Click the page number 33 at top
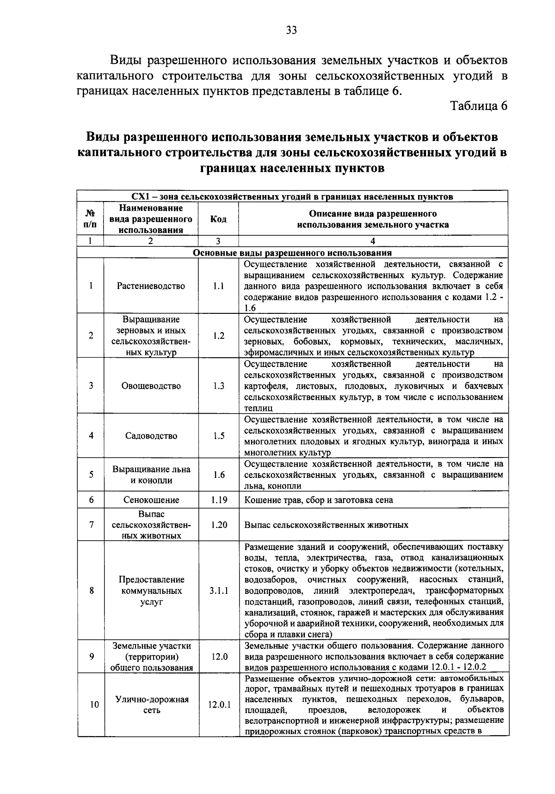pos(291,31)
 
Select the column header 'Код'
pos(218,219)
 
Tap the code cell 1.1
pos(218,286)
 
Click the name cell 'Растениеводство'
pos(151,286)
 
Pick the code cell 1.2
pos(218,336)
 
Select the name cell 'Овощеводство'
pos(151,386)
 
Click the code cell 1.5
pos(218,435)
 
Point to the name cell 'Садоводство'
pos(151,435)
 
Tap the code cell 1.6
pos(218,475)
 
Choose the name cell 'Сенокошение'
pos(151,500)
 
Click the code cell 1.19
pos(218,500)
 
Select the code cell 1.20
pos(218,525)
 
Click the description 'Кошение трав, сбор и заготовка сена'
pos(319,500)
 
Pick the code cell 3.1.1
pos(218,591)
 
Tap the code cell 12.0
pos(218,656)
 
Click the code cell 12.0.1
pos(219,705)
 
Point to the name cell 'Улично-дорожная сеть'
pos(151,705)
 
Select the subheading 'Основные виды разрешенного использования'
pos(292,253)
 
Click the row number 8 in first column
pos(91,591)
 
